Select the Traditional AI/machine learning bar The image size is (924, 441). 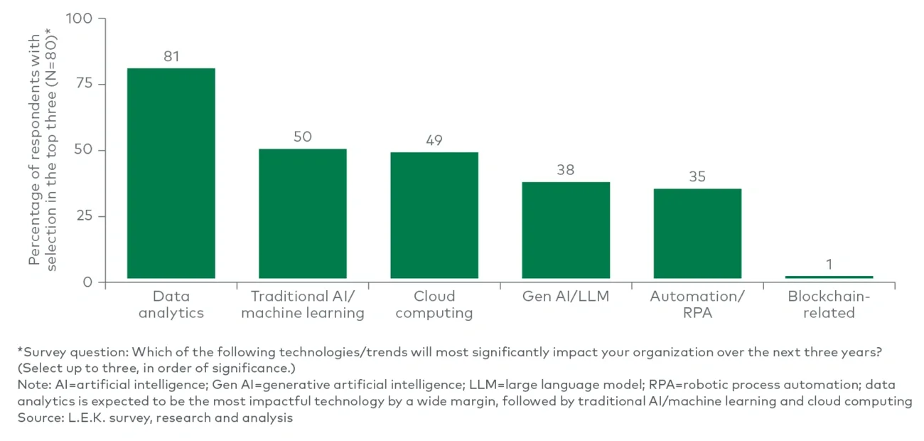point(302,213)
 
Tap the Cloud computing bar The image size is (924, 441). point(434,215)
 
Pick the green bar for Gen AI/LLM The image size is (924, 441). point(565,230)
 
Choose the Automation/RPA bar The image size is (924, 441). point(697,233)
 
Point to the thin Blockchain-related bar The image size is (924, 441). point(829,277)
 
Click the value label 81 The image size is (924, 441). point(171,56)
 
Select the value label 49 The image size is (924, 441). point(434,141)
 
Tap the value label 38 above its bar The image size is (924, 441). point(565,170)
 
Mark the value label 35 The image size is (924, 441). point(697,176)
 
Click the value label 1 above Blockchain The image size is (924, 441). point(829,265)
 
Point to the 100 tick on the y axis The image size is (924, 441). point(79,18)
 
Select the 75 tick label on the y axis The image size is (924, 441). point(84,84)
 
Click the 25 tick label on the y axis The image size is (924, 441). point(84,216)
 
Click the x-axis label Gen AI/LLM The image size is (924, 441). point(565,297)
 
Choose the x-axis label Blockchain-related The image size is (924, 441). point(829,304)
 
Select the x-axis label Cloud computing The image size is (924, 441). point(434,304)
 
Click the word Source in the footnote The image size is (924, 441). point(37,418)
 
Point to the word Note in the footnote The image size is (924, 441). point(32,385)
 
